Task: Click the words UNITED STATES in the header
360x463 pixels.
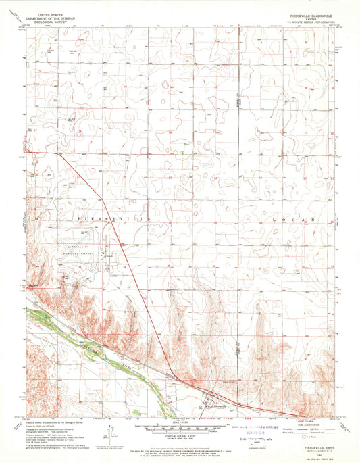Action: click(59, 12)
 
